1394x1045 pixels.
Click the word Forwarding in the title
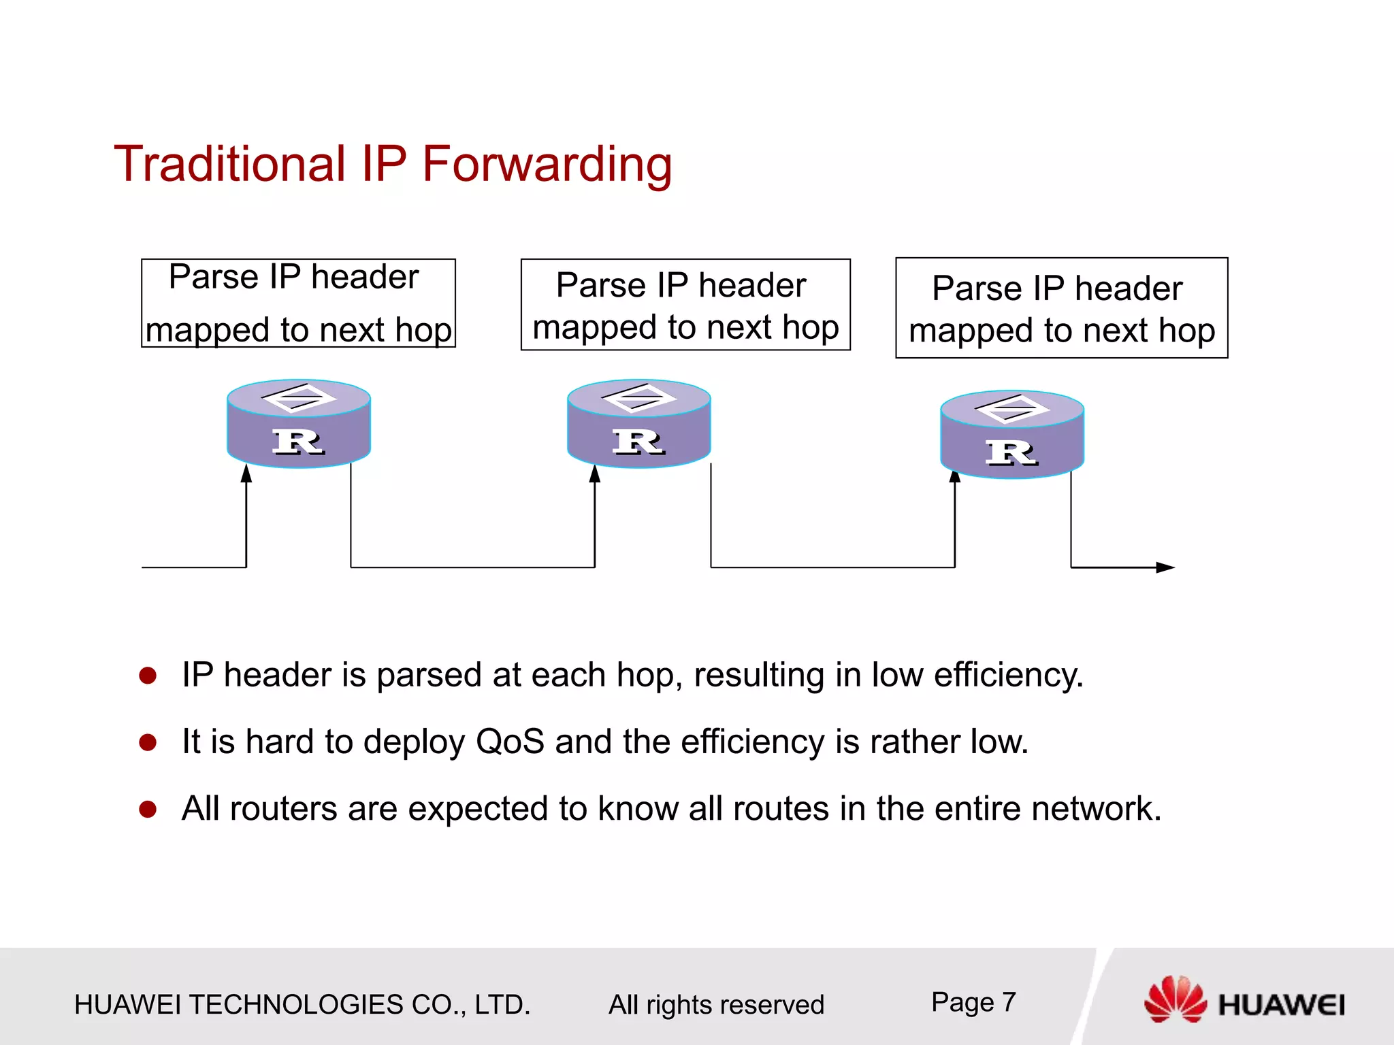point(547,165)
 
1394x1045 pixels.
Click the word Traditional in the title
point(230,165)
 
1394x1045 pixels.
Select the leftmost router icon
point(299,423)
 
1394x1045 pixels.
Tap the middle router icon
point(639,423)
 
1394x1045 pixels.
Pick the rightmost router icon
point(1012,434)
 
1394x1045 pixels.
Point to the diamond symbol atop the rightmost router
point(1012,408)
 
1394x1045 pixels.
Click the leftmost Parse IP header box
point(298,303)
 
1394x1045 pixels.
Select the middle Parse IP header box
point(685,305)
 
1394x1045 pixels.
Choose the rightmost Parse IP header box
point(1061,308)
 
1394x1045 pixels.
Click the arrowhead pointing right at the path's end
point(1165,567)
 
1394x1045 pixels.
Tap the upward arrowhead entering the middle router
point(595,474)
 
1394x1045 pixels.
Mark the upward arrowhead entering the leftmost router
point(246,474)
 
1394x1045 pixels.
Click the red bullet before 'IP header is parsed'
point(148,676)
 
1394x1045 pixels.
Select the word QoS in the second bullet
point(510,742)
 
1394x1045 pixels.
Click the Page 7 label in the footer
point(973,1002)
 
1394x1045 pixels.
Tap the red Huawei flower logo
point(1175,999)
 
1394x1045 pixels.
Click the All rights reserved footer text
point(716,1005)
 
